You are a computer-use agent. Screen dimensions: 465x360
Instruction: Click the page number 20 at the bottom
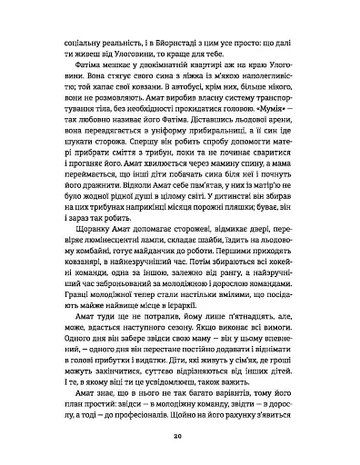coord(180,437)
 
